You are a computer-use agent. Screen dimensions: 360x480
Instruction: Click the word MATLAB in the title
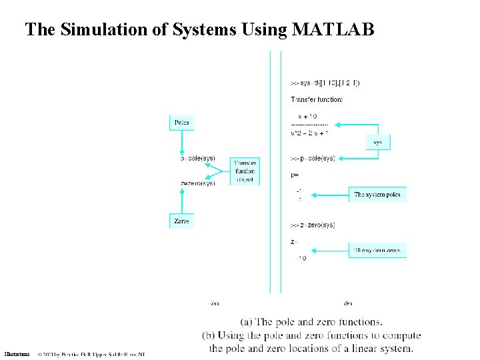[x=333, y=30]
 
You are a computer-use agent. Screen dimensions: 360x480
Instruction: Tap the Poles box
[x=181, y=123]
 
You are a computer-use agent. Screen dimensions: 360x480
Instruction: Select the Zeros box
[x=181, y=221]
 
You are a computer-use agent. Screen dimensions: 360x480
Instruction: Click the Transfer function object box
[x=245, y=171]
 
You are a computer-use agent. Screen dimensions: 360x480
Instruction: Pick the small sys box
[x=378, y=142]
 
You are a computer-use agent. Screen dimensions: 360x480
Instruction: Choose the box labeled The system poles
[x=377, y=194]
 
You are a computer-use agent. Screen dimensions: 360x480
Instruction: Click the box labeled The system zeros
[x=377, y=250]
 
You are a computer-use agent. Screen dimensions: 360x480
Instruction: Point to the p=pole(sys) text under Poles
[x=198, y=159]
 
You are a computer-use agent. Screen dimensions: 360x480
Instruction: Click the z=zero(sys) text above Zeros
[x=198, y=183]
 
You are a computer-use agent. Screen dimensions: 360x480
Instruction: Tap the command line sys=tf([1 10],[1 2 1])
[x=325, y=83]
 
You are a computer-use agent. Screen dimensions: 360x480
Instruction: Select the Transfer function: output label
[x=317, y=100]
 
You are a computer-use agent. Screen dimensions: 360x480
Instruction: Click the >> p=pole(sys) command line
[x=313, y=159]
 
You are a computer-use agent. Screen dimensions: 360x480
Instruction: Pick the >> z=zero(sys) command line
[x=313, y=225]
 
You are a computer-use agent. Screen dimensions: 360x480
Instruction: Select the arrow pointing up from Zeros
[x=181, y=200]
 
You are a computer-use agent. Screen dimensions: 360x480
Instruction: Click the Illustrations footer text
[x=17, y=354]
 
